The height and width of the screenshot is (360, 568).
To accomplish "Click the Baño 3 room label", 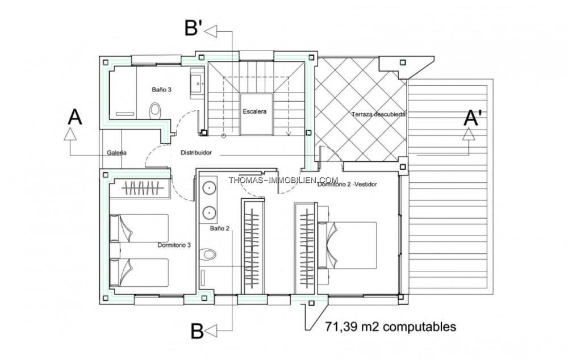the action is (x=161, y=90).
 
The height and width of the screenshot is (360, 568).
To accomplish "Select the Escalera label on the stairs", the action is (x=254, y=111).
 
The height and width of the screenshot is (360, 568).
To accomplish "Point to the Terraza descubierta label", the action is (x=378, y=114).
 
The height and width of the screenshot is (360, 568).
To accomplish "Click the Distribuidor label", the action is (x=196, y=153).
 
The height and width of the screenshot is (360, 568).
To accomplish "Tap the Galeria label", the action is (x=116, y=153).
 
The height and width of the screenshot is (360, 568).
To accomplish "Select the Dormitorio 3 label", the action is (x=174, y=245).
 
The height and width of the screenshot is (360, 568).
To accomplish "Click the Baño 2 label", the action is (x=219, y=228).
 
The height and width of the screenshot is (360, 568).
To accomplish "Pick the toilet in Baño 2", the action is (x=208, y=254).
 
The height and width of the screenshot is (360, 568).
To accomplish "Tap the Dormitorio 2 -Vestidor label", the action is (x=347, y=184).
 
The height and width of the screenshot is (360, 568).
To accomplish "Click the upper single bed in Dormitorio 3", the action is (x=139, y=228).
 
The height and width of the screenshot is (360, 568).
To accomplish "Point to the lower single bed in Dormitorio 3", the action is (x=139, y=273).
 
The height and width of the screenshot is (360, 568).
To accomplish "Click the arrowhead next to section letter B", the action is (x=211, y=330).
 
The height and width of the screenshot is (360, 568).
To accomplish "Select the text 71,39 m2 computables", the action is (x=391, y=326).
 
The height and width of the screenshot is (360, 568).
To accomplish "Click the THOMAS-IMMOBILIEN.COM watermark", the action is (x=283, y=180).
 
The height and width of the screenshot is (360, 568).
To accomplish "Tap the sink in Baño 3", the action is (x=197, y=84).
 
